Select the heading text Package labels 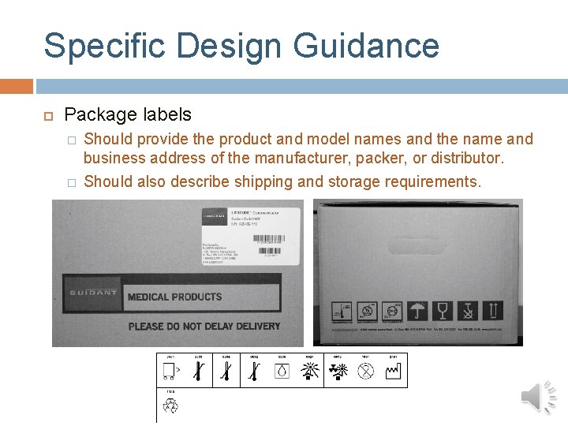click(x=127, y=114)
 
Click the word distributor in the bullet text click(x=464, y=158)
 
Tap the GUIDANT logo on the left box click(x=93, y=293)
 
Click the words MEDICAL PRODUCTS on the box click(x=174, y=297)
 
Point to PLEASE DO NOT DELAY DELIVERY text click(x=204, y=326)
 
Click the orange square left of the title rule click(x=17, y=86)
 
